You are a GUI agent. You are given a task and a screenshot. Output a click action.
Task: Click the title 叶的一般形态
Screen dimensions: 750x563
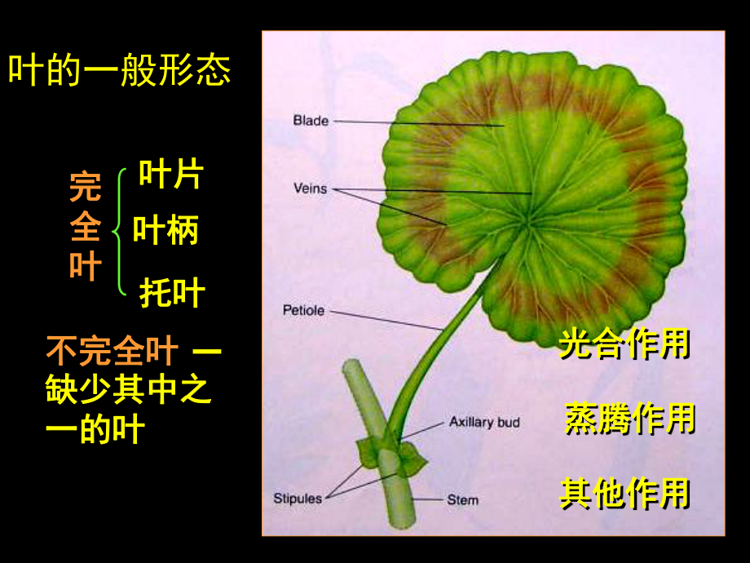pyautogui.click(x=120, y=70)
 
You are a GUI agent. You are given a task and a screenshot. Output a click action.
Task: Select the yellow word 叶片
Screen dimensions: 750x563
pyautogui.click(x=171, y=174)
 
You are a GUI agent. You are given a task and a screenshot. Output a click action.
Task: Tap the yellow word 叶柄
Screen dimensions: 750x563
pyautogui.click(x=165, y=230)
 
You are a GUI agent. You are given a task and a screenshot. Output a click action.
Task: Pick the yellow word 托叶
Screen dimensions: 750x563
pyautogui.click(x=172, y=292)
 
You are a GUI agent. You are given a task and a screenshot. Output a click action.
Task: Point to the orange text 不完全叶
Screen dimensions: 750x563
pyautogui.click(x=112, y=351)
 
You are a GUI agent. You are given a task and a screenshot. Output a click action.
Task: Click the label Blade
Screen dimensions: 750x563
pyautogui.click(x=311, y=120)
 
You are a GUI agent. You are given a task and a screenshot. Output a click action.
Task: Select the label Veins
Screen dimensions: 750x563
pyautogui.click(x=311, y=188)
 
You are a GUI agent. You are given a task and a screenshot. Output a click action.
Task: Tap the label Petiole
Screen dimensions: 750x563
pyautogui.click(x=304, y=310)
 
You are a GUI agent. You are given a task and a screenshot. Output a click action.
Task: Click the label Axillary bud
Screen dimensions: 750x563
pyautogui.click(x=484, y=422)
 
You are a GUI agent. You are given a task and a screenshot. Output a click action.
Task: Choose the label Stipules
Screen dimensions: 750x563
pyautogui.click(x=298, y=499)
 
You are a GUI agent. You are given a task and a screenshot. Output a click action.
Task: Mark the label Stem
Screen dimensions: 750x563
pyautogui.click(x=462, y=500)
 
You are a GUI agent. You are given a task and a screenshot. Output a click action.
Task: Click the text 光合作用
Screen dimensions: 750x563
pyautogui.click(x=624, y=344)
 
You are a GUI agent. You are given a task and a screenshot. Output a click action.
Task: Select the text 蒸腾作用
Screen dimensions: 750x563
pyautogui.click(x=630, y=418)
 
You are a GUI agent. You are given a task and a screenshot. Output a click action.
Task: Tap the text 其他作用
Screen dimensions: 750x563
pyautogui.click(x=624, y=493)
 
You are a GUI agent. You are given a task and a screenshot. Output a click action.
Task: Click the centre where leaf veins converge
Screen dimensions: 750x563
pyautogui.click(x=527, y=222)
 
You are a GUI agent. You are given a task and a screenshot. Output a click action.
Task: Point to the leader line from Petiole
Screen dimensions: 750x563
pyautogui.click(x=386, y=321)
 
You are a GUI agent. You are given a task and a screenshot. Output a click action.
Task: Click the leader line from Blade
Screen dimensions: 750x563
pyautogui.click(x=418, y=123)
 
